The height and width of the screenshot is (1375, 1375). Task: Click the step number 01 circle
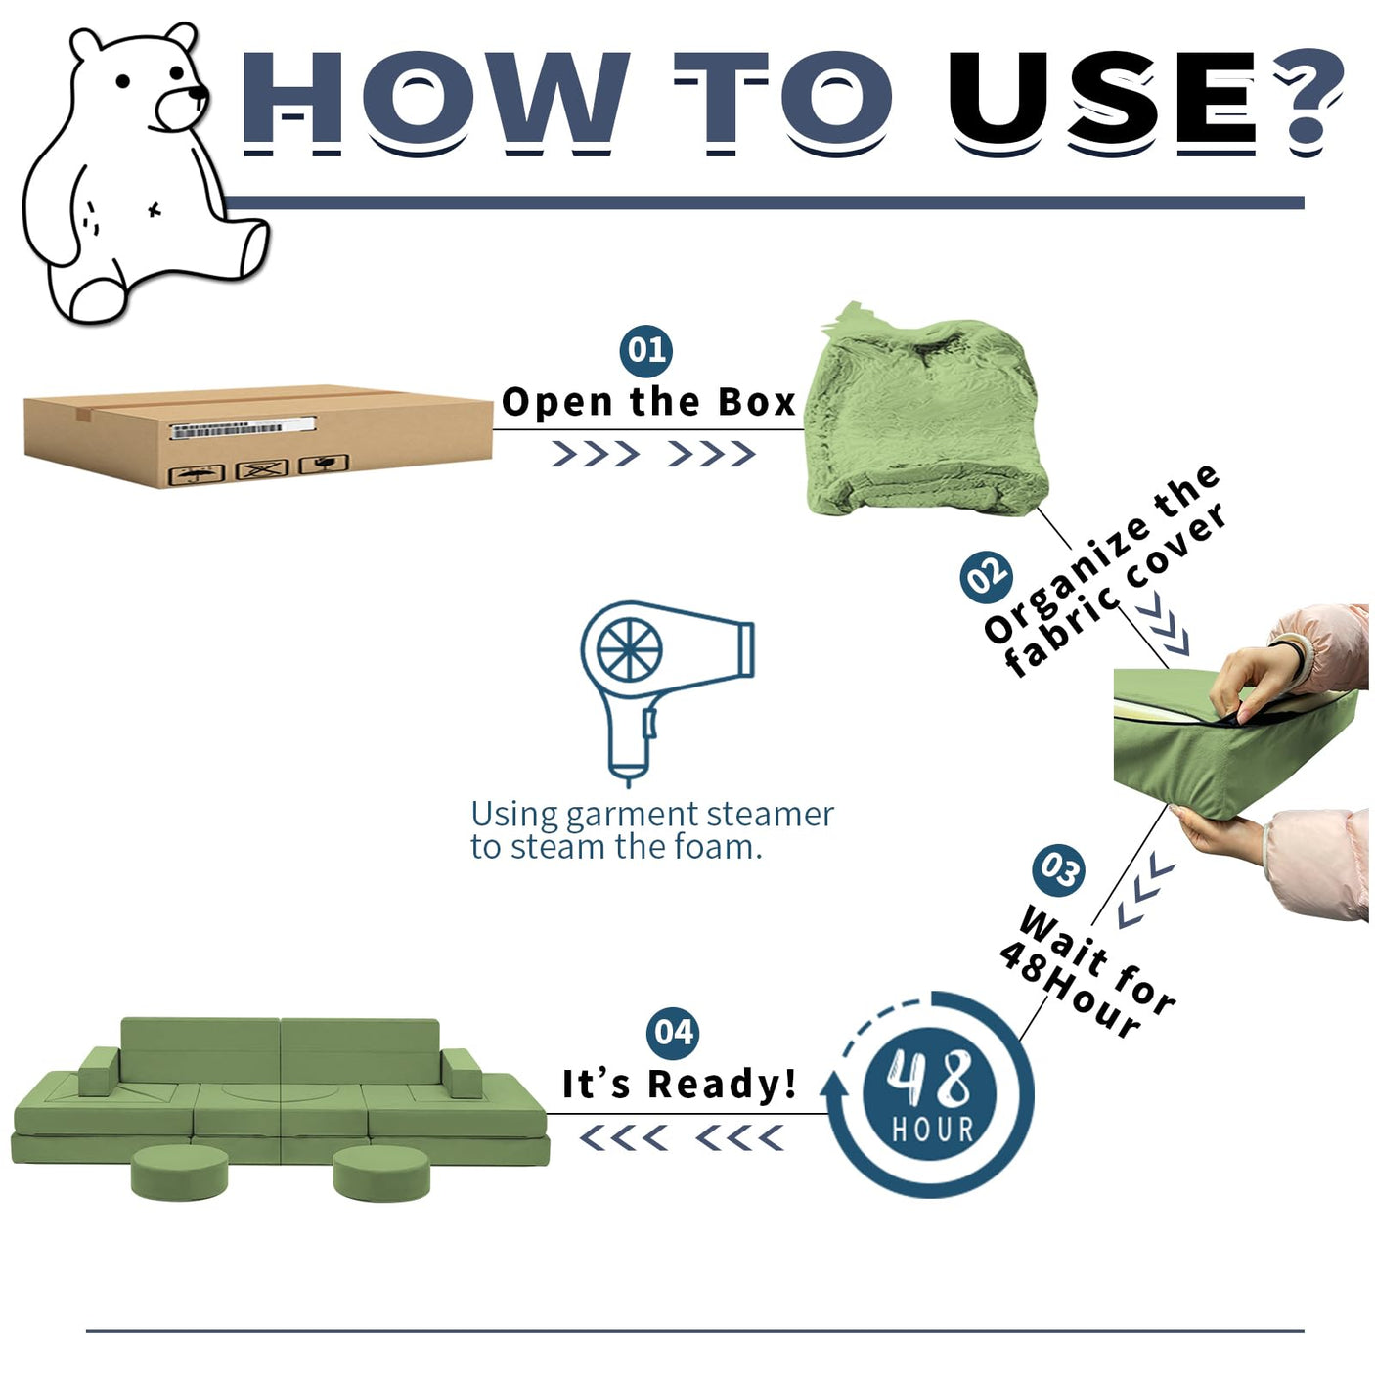[x=646, y=350]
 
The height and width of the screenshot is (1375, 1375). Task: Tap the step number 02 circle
[x=986, y=577]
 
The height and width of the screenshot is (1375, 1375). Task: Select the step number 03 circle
[x=1058, y=868]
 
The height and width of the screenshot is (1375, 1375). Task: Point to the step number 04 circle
[x=673, y=1033]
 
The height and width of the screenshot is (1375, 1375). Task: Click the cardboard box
[x=258, y=436]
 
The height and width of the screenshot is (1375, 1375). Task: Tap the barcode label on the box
[x=243, y=428]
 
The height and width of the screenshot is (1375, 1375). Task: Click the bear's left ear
[x=85, y=45]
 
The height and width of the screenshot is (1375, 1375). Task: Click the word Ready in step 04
[x=722, y=1086]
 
